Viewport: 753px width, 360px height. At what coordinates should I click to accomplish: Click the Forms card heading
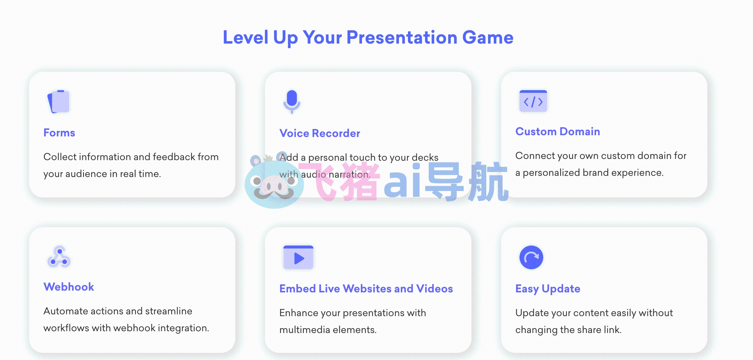pyautogui.click(x=59, y=133)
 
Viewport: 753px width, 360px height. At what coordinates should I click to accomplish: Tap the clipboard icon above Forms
pyautogui.click(x=58, y=101)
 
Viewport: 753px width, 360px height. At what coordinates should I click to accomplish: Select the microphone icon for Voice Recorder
pyautogui.click(x=292, y=102)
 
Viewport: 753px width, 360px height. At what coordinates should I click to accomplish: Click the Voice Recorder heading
pyautogui.click(x=320, y=133)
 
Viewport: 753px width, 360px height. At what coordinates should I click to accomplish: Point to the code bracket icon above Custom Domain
pyautogui.click(x=533, y=101)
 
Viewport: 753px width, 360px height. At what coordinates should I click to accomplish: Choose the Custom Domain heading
pyautogui.click(x=558, y=131)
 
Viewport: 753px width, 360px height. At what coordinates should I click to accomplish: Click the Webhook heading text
pyautogui.click(x=69, y=287)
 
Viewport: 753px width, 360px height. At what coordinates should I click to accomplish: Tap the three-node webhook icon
pyautogui.click(x=59, y=257)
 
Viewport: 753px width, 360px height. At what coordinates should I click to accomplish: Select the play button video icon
pyautogui.click(x=298, y=257)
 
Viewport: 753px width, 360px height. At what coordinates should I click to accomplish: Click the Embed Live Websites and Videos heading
pyautogui.click(x=366, y=289)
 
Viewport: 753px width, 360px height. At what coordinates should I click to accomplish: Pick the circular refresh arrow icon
pyautogui.click(x=531, y=257)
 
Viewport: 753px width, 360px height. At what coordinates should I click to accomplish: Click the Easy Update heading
pyautogui.click(x=548, y=289)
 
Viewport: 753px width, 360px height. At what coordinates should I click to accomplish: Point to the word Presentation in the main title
pyautogui.click(x=402, y=38)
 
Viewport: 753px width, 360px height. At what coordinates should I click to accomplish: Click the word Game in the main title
pyautogui.click(x=488, y=38)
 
